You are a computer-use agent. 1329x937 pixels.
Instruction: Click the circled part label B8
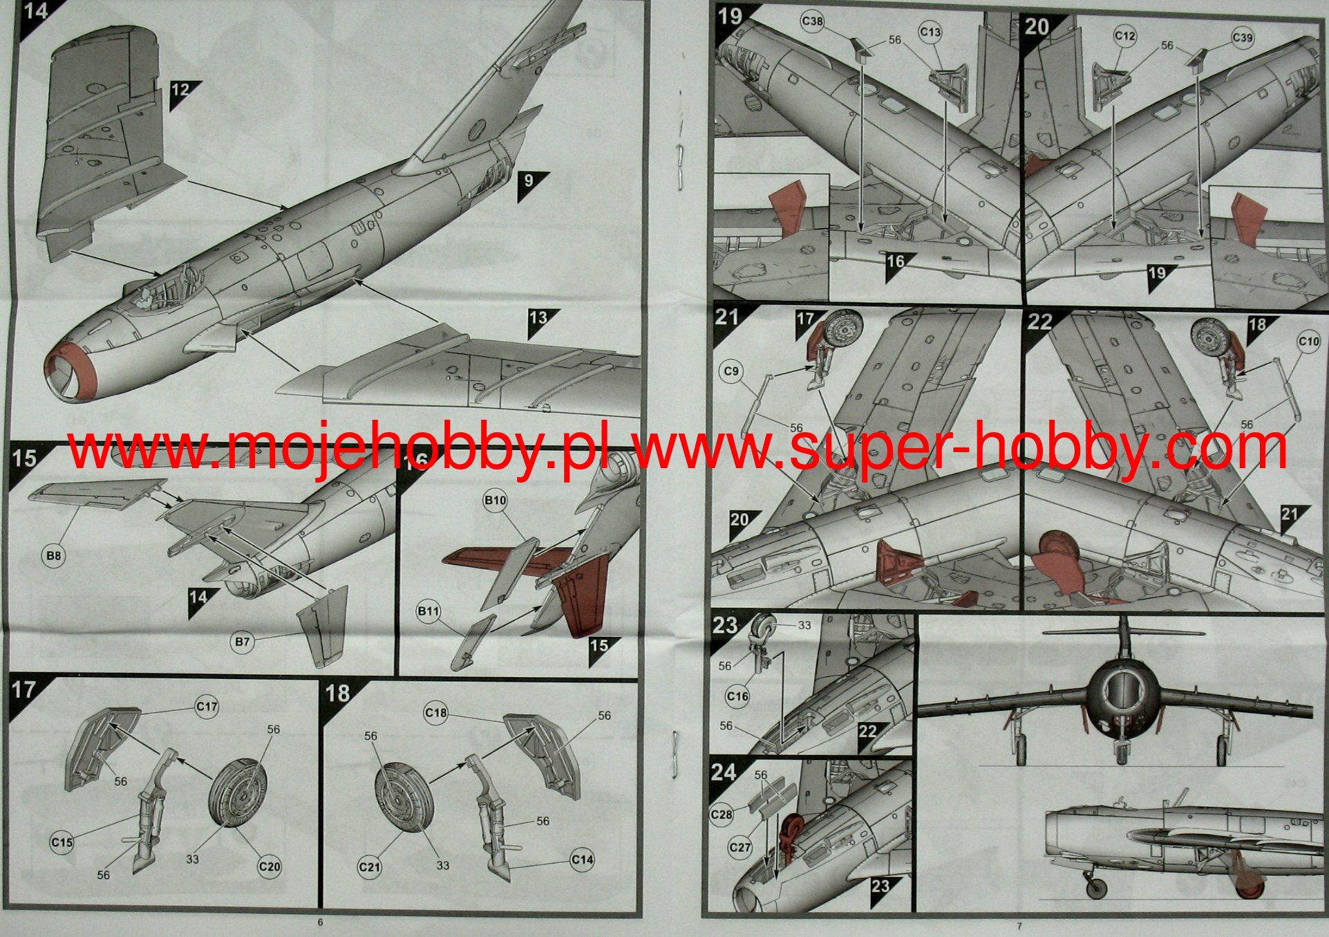tap(53, 556)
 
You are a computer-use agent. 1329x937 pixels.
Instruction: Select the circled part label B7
tap(242, 642)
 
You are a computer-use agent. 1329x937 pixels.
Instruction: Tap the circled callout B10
tap(495, 500)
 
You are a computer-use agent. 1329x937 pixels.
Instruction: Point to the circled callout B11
tap(428, 611)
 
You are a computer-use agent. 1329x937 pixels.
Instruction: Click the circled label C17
tap(207, 706)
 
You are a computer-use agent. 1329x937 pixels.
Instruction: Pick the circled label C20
tap(269, 866)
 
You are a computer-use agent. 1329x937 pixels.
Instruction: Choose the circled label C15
tap(62, 842)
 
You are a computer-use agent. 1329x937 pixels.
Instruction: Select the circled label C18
tap(435, 712)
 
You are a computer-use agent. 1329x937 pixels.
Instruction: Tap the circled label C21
tap(370, 866)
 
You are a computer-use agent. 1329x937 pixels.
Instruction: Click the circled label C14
tap(582, 860)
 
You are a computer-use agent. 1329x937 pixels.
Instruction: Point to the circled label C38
tap(812, 21)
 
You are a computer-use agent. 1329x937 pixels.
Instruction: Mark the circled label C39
tap(1243, 37)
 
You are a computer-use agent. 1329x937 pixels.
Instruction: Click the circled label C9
tap(731, 371)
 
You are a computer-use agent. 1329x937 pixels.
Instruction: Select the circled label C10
tap(1309, 341)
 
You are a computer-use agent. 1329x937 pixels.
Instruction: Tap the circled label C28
tap(722, 814)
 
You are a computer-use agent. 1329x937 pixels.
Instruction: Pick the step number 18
tap(337, 693)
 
